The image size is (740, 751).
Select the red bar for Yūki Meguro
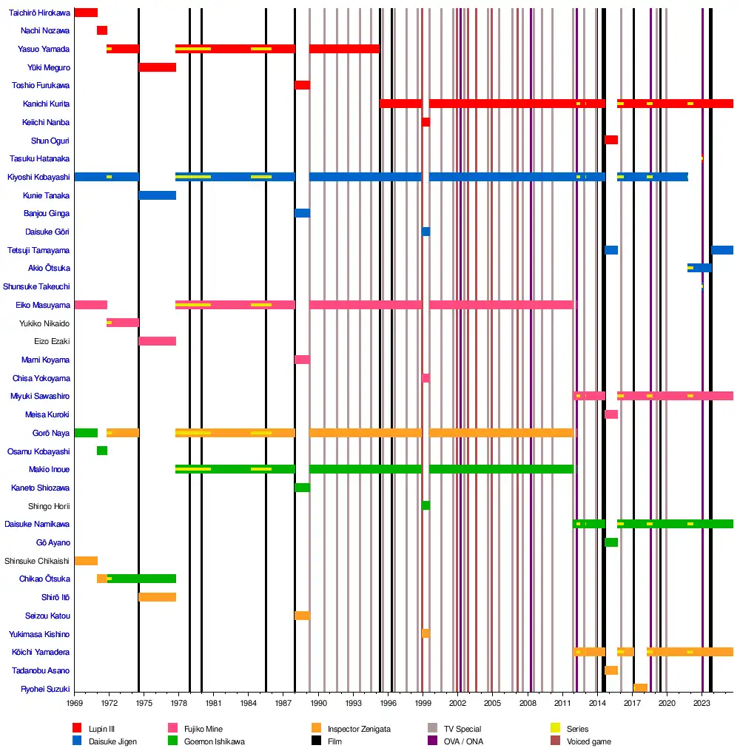157,67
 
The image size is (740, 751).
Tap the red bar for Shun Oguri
611,140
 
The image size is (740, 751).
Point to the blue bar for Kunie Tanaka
157,195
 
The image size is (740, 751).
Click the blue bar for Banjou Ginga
302,213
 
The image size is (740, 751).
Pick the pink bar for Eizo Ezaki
157,341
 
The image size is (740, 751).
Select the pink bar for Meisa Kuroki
611,414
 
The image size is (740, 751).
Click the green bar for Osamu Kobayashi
102,451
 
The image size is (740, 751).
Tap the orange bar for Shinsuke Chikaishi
86,561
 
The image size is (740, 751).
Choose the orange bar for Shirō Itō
157,597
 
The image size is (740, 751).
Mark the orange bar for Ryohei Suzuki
640,688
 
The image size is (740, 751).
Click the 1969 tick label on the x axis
75,702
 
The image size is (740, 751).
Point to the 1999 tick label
423,702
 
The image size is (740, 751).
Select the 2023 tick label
702,702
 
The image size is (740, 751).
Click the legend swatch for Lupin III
77,729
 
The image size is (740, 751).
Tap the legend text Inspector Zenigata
359,729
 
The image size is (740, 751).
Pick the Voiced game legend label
589,741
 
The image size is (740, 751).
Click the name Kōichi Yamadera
41,653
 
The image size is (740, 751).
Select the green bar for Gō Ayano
611,542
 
